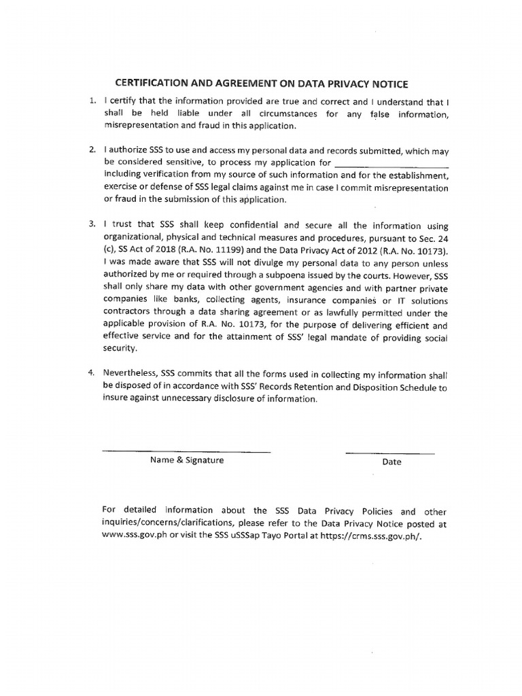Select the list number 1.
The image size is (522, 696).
tap(92, 101)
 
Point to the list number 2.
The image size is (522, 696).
tap(92, 150)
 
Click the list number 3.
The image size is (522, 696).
tap(92, 224)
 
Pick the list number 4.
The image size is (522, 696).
tap(92, 374)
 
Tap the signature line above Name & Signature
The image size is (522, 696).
tap(186, 452)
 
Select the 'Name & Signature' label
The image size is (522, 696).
tap(187, 460)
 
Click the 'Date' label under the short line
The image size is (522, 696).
tap(391, 462)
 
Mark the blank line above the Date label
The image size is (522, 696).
tap(389, 453)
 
